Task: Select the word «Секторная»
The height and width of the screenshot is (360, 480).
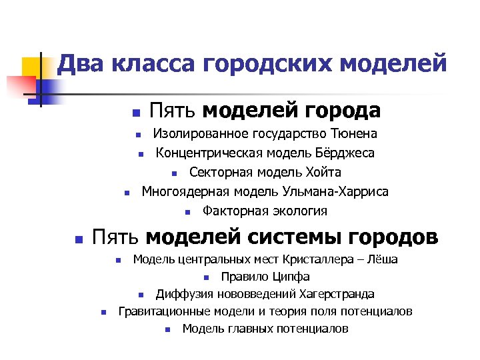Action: pos(219,173)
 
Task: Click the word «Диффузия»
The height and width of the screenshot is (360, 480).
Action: pos(183,294)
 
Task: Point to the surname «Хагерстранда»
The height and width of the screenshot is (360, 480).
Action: pos(335,294)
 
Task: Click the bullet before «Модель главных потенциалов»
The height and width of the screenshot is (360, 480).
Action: pos(167,329)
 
